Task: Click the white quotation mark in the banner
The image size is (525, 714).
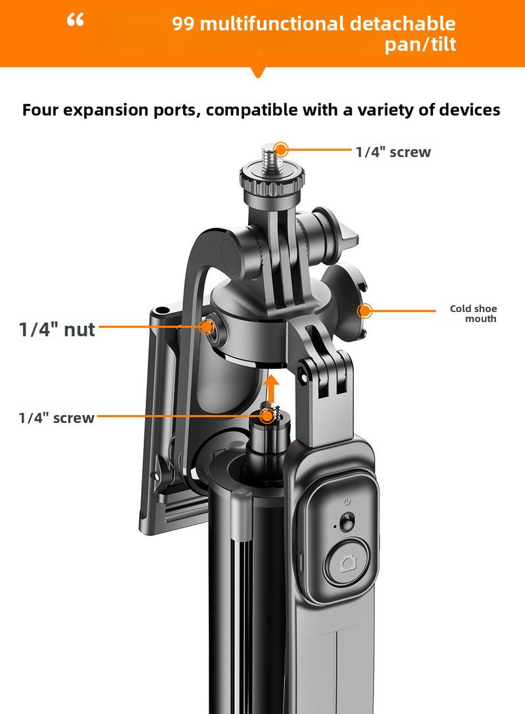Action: click(76, 21)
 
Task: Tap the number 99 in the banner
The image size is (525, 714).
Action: click(184, 25)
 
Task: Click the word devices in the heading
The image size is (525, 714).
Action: click(470, 110)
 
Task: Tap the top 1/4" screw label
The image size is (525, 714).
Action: click(392, 152)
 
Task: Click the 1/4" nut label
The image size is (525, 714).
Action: click(57, 328)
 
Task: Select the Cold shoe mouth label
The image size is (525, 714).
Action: click(473, 313)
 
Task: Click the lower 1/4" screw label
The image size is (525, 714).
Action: click(56, 418)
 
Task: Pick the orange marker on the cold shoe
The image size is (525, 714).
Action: click(365, 311)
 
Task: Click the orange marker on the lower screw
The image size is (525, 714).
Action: click(266, 416)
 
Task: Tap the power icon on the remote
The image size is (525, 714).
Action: click(346, 501)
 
